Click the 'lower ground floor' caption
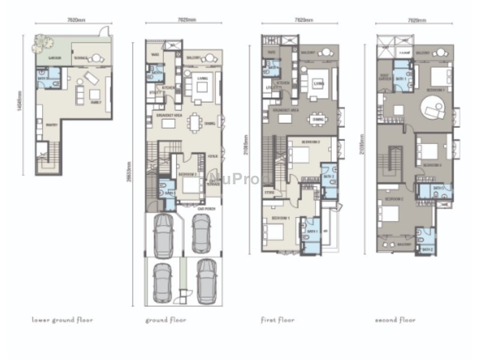pos(62,320)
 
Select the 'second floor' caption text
pos(395,320)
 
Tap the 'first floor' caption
pos(278,320)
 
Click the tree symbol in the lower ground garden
pos(41,41)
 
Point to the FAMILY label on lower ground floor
pos(95,102)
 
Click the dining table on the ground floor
pos(196,122)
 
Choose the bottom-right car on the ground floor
pos(206,280)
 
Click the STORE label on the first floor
pos(269,193)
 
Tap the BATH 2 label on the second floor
pos(427,249)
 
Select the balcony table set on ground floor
pos(209,58)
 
